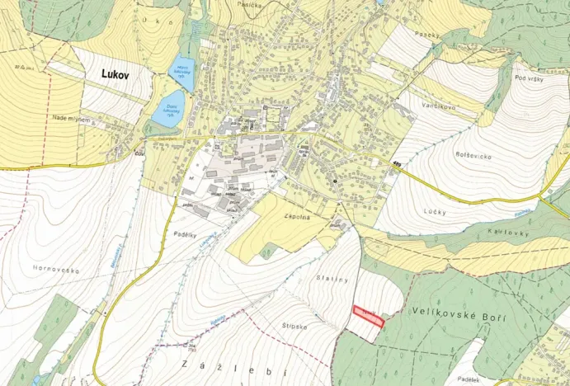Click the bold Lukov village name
coord(120,73)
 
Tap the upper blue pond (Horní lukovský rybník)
coord(182,74)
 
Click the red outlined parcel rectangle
coord(369,317)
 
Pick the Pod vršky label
coord(527,78)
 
